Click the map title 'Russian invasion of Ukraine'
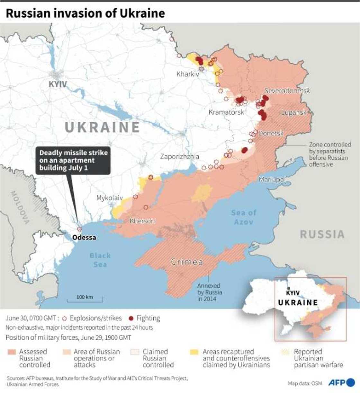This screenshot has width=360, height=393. (x=85, y=13)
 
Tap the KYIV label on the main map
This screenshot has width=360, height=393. (x=58, y=84)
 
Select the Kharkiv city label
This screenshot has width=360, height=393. (x=188, y=74)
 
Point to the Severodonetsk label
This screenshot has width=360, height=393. (x=287, y=91)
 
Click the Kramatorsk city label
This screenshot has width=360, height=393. (x=226, y=112)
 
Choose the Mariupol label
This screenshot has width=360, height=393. (x=272, y=179)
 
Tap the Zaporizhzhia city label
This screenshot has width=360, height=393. (x=180, y=157)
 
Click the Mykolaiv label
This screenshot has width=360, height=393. (x=110, y=198)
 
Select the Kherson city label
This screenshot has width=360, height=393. (x=142, y=221)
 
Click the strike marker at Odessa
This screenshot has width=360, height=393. (x=79, y=229)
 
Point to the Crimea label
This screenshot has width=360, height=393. (x=187, y=262)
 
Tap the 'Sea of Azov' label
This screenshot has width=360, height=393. (x=243, y=217)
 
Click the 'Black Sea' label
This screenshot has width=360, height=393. (x=100, y=260)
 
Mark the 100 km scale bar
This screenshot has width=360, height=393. (x=85, y=300)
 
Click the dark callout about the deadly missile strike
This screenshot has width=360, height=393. (x=73, y=160)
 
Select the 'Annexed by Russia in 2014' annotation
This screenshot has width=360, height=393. (x=209, y=292)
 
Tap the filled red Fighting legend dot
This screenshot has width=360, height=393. (x=131, y=319)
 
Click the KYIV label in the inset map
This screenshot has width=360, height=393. (x=292, y=293)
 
